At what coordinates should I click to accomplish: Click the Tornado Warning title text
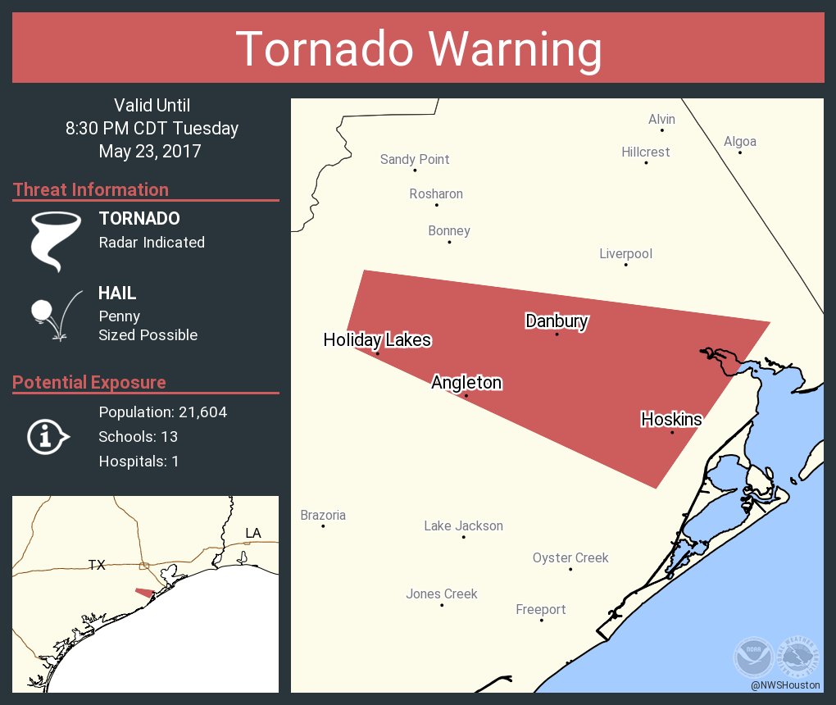click(418, 49)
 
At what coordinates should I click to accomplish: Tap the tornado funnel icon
click(55, 241)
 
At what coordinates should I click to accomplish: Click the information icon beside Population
click(47, 437)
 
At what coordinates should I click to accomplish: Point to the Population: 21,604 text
click(162, 412)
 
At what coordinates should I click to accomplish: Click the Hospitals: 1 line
click(139, 462)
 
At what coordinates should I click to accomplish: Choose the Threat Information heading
click(91, 190)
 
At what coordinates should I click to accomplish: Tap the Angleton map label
click(466, 383)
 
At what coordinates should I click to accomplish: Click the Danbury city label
click(557, 321)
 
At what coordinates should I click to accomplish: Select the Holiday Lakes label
click(377, 340)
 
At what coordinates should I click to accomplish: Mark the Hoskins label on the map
click(671, 420)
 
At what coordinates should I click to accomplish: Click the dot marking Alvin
click(662, 130)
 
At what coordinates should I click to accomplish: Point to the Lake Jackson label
click(463, 526)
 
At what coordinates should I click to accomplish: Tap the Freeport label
click(541, 610)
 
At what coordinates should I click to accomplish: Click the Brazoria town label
click(323, 516)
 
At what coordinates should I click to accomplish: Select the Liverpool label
click(625, 254)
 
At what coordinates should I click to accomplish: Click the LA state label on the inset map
click(253, 534)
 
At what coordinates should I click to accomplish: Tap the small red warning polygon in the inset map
click(145, 593)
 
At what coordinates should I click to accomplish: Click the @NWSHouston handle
click(785, 685)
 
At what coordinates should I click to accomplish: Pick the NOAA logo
click(752, 657)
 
